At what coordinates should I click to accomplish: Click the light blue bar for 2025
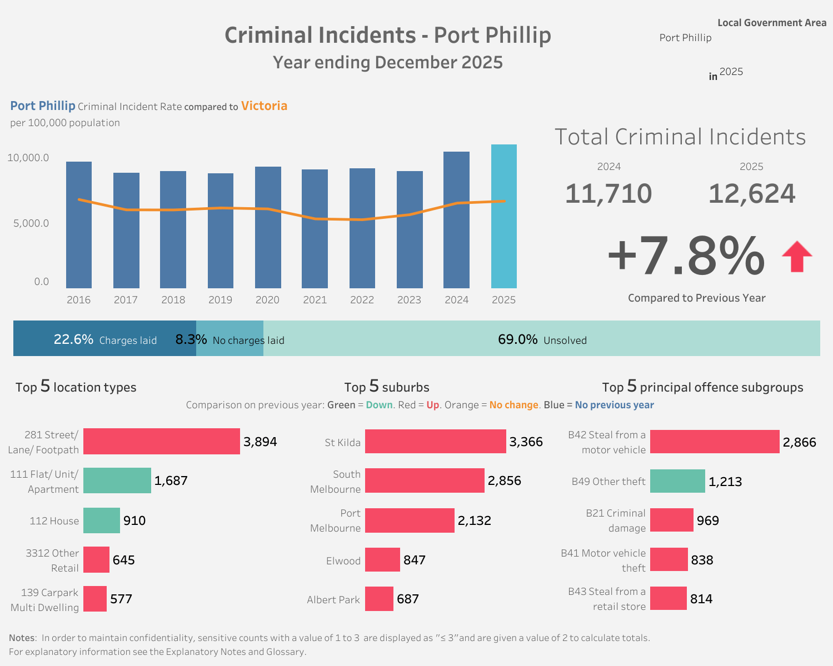(x=503, y=216)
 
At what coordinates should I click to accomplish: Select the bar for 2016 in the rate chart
(x=79, y=224)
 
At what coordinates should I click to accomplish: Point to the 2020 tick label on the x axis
(x=267, y=300)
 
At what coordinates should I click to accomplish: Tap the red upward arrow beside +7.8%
(x=797, y=257)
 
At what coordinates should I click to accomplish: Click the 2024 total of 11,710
(x=608, y=194)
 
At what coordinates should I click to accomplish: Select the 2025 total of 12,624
(x=752, y=194)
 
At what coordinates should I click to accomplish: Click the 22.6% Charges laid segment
(x=104, y=339)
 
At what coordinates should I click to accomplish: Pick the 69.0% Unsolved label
(x=542, y=339)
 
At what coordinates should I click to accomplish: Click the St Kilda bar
(x=435, y=442)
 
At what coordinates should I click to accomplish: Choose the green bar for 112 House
(x=102, y=520)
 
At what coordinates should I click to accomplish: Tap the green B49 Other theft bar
(x=677, y=481)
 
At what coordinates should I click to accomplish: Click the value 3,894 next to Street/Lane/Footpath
(x=260, y=442)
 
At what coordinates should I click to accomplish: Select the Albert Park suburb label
(x=333, y=600)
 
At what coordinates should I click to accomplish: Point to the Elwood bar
(x=382, y=560)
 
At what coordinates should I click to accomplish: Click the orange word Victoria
(x=264, y=106)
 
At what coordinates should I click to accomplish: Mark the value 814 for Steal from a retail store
(x=701, y=599)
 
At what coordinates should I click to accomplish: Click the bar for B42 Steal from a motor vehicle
(x=715, y=442)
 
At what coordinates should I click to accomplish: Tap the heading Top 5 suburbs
(x=387, y=387)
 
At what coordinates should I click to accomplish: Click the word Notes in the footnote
(x=22, y=638)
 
